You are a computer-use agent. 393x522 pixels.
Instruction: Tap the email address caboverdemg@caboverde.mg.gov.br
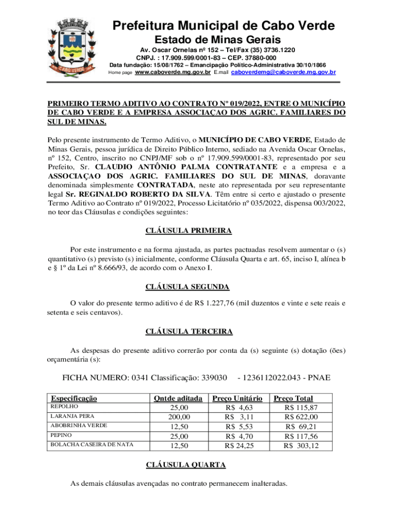(283, 72)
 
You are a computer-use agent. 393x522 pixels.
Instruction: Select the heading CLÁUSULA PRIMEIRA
(189, 231)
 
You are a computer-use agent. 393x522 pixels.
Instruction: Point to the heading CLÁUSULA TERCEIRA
(189, 331)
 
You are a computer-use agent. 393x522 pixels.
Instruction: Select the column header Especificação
(73, 398)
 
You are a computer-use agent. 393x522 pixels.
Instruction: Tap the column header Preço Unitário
(237, 398)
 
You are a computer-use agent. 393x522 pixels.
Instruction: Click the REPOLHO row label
(64, 407)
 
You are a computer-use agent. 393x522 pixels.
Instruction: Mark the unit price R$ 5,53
(239, 427)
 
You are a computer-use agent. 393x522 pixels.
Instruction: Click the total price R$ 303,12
(301, 446)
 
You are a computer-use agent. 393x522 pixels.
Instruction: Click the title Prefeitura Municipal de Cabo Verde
(224, 26)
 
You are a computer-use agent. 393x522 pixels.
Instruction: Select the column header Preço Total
(293, 398)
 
